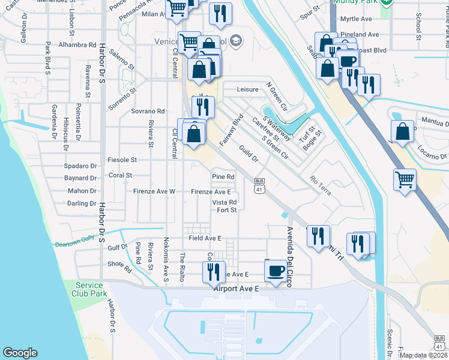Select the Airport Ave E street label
[235, 289]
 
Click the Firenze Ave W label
[154, 191]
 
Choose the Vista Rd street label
[224, 202]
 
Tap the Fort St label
[227, 210]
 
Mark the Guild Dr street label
[248, 154]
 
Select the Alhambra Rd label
[77, 45]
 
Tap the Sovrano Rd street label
[148, 111]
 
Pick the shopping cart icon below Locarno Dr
[405, 179]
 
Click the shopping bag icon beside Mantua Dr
[402, 131]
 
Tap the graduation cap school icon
[236, 41]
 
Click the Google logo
[20, 353]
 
